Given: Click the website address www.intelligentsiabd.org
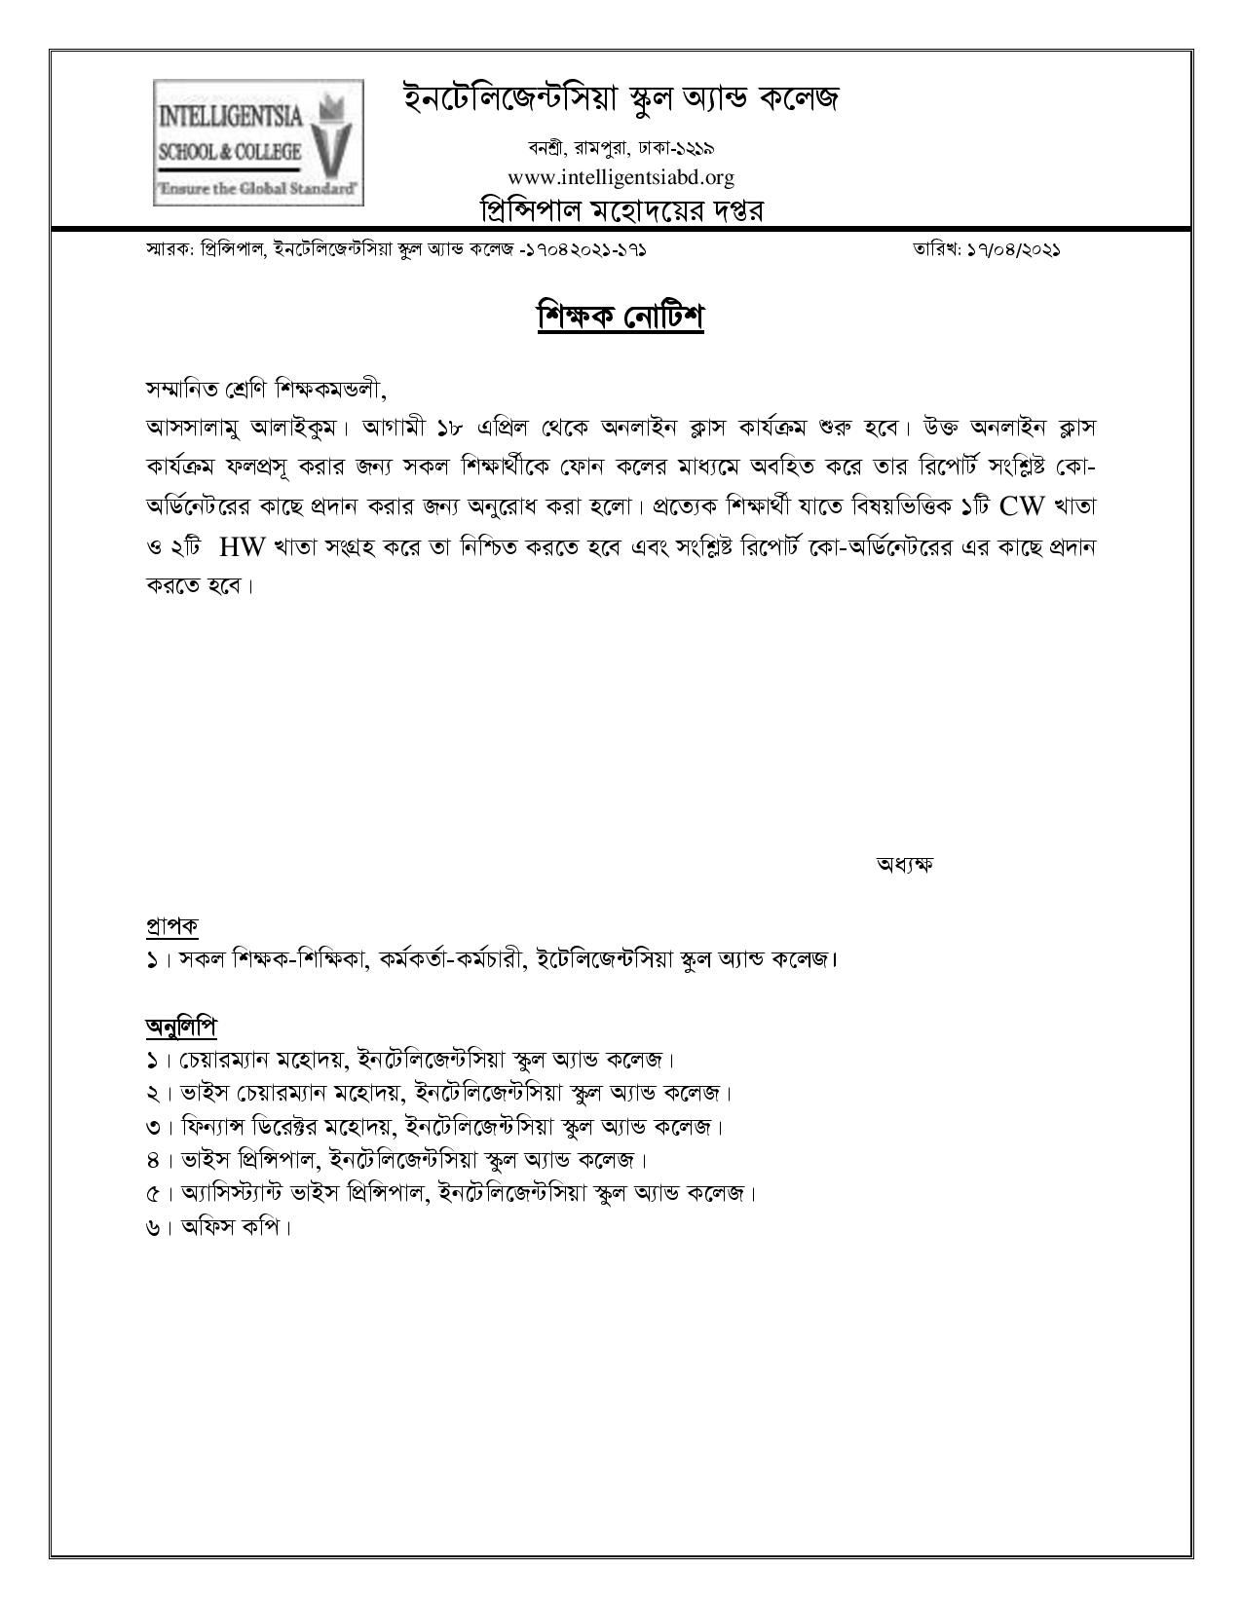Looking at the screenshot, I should [x=621, y=177].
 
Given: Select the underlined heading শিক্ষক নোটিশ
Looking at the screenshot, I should [x=621, y=318].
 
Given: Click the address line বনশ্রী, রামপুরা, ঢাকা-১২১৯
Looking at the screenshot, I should [x=621, y=149].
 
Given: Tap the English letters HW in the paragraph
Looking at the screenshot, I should [x=243, y=546].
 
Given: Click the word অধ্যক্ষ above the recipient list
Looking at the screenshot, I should [x=905, y=864].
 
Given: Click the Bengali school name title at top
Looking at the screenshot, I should [x=621, y=99].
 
